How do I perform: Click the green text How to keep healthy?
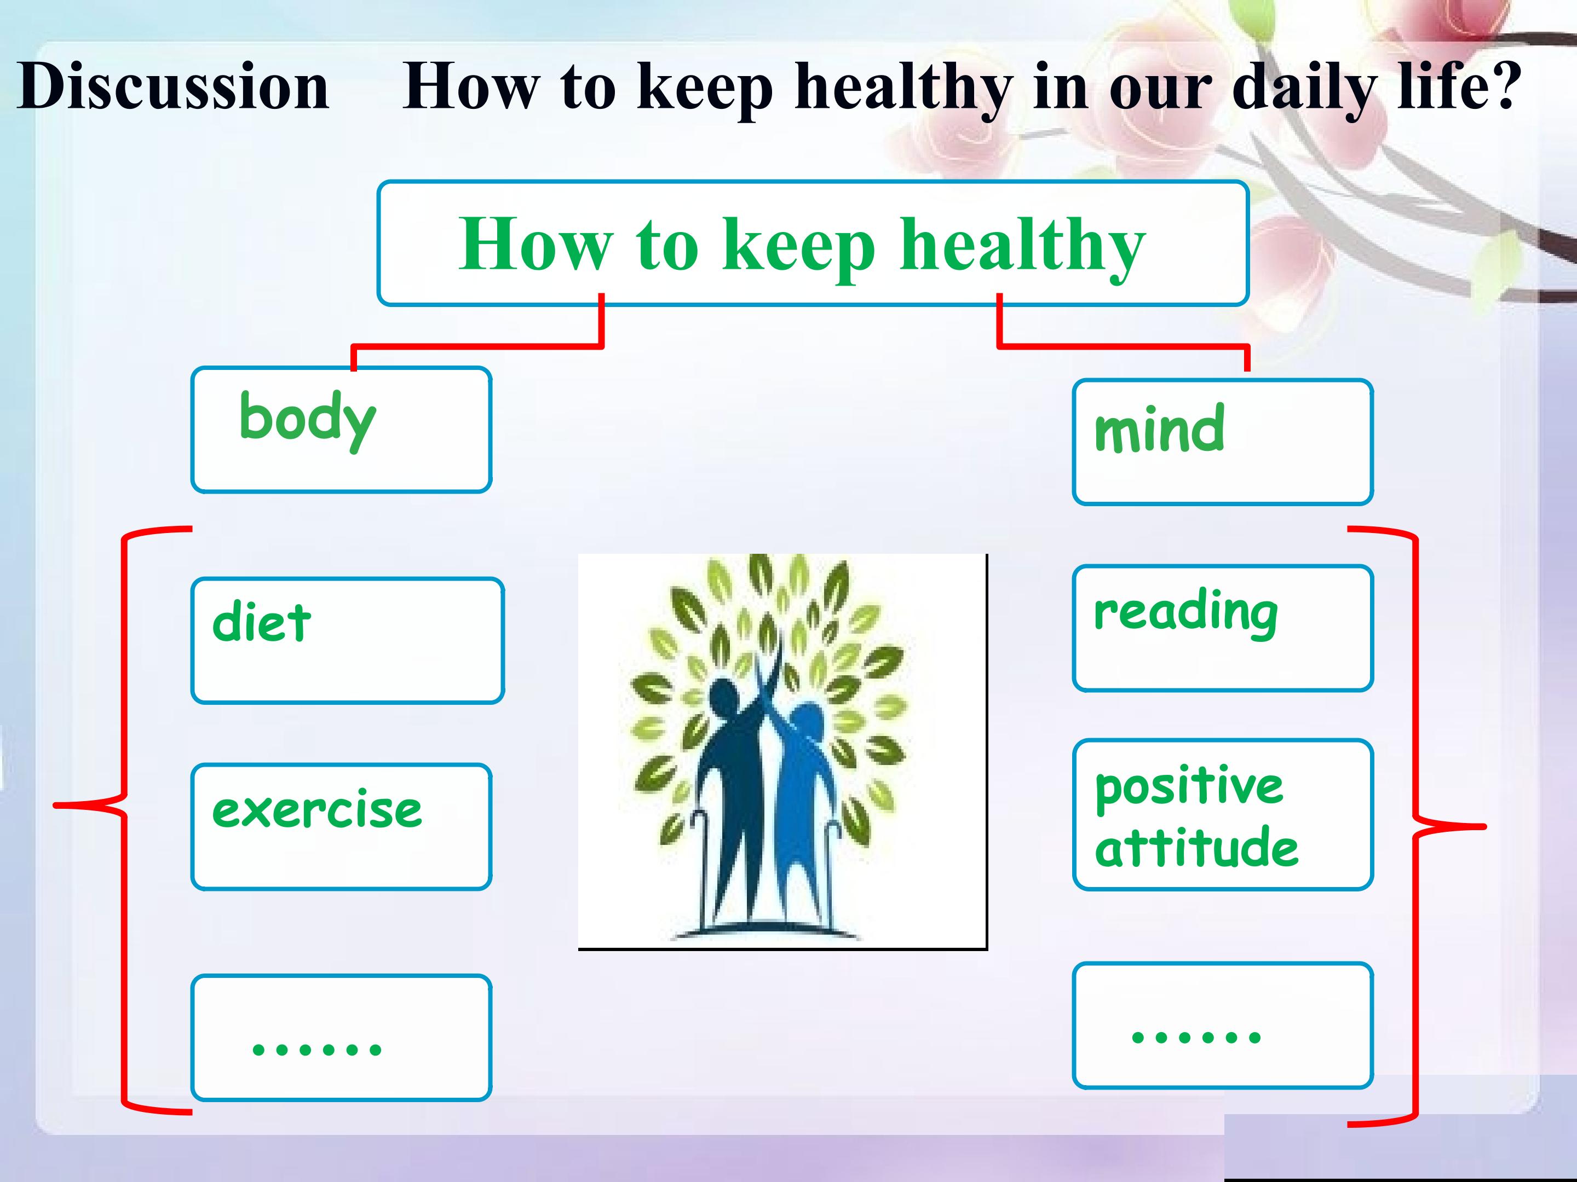tap(802, 246)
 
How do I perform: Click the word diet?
tap(261, 621)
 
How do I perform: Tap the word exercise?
tap(316, 809)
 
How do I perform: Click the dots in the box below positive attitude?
tap(1196, 1035)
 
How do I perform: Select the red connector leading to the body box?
tap(477, 346)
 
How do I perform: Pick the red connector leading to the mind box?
tap(1123, 347)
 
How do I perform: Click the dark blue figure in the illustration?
tap(734, 784)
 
